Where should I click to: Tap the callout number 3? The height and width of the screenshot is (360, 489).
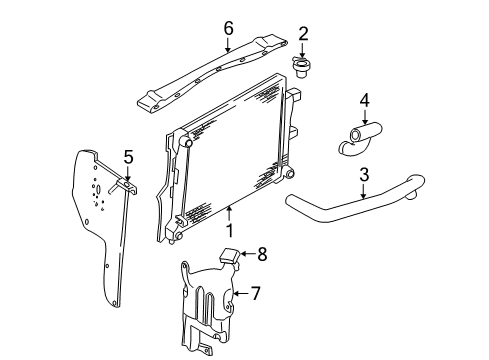tap(363, 175)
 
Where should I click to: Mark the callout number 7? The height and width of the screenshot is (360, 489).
tap(255, 293)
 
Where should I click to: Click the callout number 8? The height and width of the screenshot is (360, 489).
tap(263, 255)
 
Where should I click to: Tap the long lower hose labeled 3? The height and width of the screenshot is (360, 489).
tap(350, 204)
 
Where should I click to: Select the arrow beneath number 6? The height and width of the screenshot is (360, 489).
tap(228, 45)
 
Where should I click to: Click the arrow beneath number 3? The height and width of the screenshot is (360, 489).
tap(363, 191)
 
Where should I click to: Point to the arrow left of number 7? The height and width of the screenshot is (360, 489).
tap(240, 294)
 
